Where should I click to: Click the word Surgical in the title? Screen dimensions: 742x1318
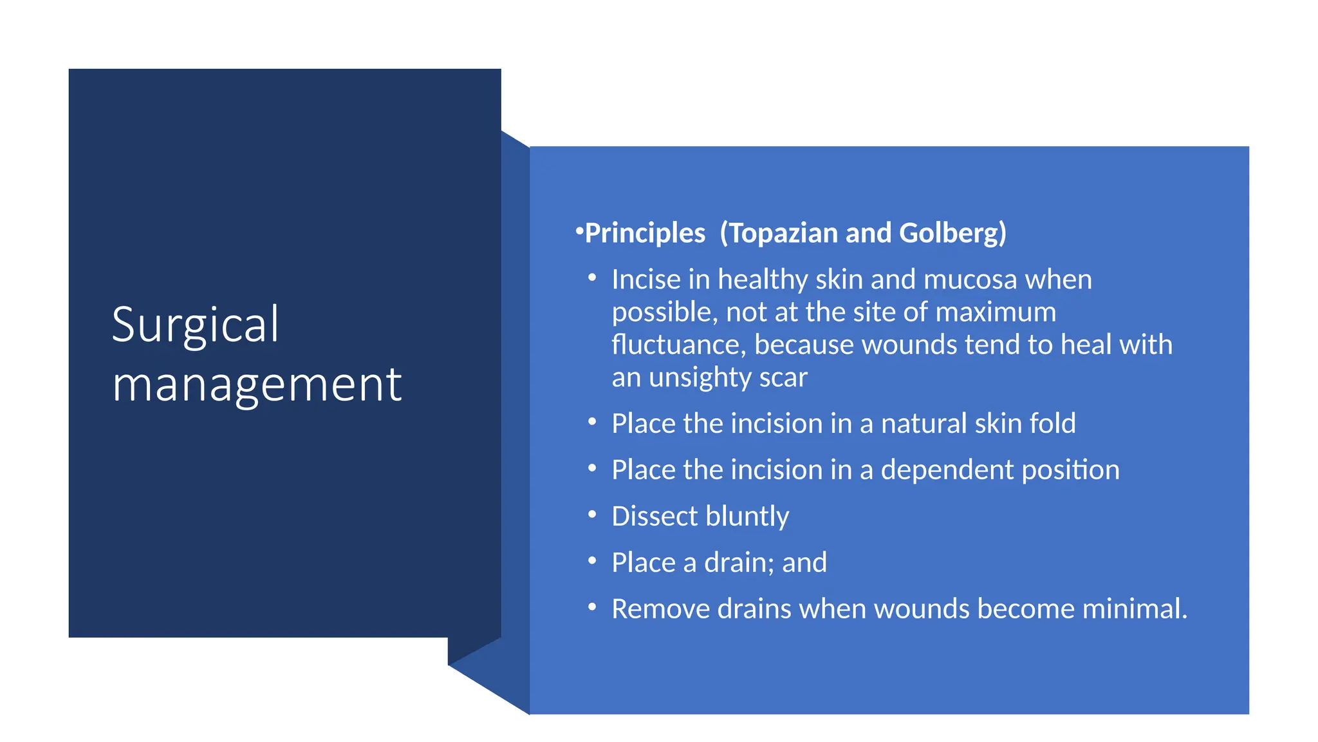pos(195,326)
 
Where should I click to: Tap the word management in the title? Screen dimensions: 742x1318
pos(257,385)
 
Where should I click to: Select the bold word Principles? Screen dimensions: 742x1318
pos(645,233)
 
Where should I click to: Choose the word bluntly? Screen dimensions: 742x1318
pos(747,517)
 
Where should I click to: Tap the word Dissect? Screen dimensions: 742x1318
pos(654,517)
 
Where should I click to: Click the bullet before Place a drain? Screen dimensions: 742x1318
pos(592,561)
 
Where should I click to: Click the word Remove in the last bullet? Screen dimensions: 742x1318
pos(660,609)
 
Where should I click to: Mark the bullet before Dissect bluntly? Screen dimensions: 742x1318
pos(592,515)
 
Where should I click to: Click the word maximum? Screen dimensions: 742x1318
pos(996,312)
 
